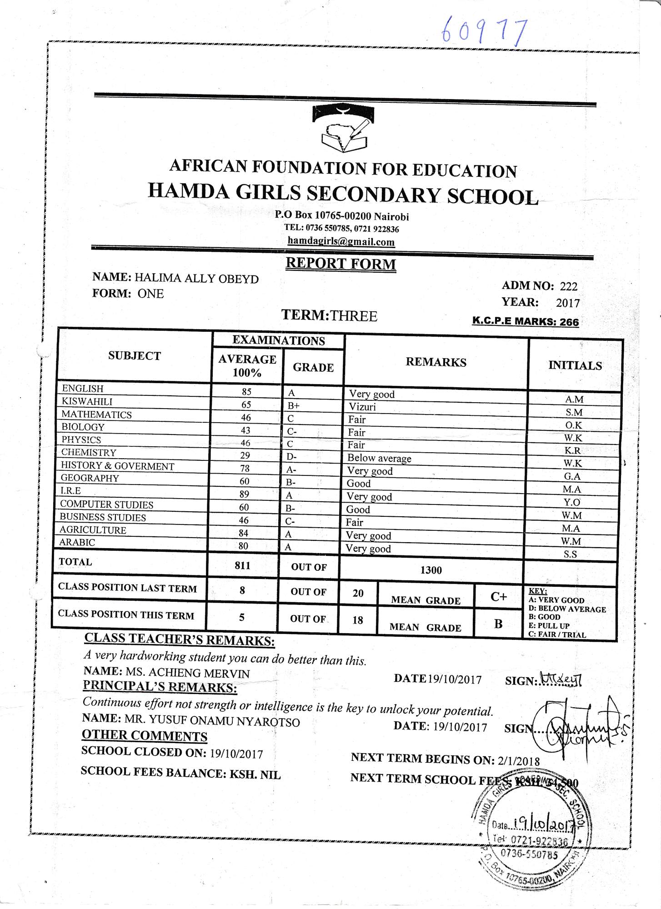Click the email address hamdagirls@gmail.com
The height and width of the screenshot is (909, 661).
point(341,242)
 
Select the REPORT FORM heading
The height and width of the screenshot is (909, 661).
point(341,264)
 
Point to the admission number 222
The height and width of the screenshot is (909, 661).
point(569,286)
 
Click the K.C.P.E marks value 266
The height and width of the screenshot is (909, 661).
point(569,322)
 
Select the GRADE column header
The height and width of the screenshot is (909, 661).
point(313,367)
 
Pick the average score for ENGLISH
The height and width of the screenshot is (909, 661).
point(247,391)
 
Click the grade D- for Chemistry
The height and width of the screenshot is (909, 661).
point(291,457)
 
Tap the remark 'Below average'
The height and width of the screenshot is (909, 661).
point(379,458)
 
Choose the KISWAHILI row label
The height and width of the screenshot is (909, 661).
point(87,401)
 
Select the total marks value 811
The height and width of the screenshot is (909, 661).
point(242,565)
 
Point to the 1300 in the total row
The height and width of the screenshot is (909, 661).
point(431,570)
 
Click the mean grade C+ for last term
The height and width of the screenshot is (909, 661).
point(499,597)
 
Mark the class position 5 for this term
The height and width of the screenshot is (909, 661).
point(242,617)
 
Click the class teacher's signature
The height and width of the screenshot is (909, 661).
point(561,680)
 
